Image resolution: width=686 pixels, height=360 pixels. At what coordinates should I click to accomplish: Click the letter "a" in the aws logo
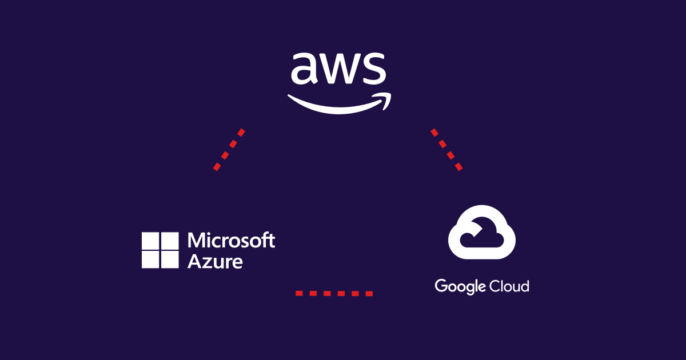(x=303, y=69)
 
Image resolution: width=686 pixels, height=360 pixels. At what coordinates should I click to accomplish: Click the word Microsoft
(x=232, y=241)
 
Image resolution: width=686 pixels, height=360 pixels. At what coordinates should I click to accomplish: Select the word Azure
(x=215, y=261)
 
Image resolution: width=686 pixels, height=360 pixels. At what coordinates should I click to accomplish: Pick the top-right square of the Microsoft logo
(x=170, y=241)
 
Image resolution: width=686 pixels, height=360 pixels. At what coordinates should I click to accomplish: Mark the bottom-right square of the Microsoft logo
(x=170, y=260)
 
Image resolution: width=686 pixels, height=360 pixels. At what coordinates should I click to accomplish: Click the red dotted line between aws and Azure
(x=229, y=149)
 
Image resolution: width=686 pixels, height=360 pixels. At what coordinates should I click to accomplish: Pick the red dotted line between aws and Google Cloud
(x=446, y=149)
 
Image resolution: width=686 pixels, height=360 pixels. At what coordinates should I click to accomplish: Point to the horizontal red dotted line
(x=334, y=293)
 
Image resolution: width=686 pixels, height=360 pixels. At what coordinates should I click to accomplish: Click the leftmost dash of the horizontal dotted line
(x=298, y=293)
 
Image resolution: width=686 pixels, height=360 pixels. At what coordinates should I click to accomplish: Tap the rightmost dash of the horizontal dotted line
(x=369, y=293)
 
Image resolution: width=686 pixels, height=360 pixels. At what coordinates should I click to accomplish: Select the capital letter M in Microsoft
(x=196, y=241)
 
